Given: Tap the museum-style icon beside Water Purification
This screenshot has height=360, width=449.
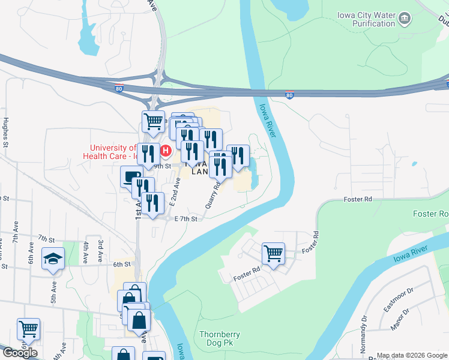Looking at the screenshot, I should [x=405, y=19].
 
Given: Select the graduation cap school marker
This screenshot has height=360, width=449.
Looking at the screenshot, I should [x=53, y=259].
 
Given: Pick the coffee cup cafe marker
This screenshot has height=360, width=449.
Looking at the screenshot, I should [x=131, y=176].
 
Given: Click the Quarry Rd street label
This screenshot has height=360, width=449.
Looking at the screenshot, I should [x=212, y=194].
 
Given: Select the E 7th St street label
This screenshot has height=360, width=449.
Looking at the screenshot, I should [x=186, y=219].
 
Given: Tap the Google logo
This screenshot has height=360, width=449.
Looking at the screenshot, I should [x=20, y=353].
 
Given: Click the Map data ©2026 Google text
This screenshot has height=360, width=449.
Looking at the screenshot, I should [x=412, y=355].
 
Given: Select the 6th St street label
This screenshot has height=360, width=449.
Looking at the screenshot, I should [x=122, y=264].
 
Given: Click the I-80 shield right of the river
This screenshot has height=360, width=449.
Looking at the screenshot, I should [x=290, y=95].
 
